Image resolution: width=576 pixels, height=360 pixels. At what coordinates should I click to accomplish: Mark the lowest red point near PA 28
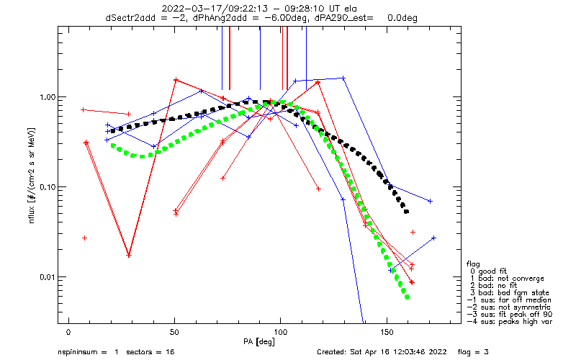coord(129,255)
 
